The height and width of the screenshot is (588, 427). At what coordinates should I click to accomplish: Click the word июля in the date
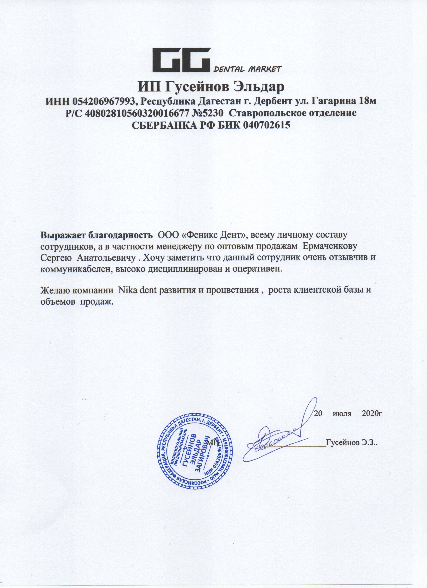[342, 413]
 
